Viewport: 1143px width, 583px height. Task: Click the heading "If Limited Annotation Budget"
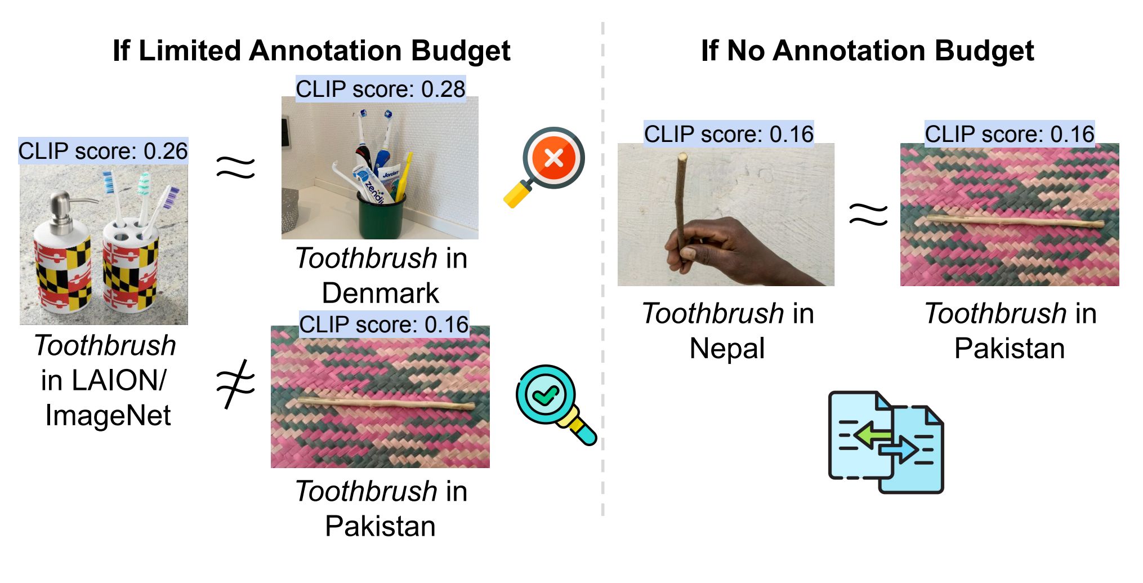click(x=311, y=51)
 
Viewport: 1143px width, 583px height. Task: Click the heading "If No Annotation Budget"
click(x=867, y=51)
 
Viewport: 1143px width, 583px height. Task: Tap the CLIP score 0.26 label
click(x=103, y=151)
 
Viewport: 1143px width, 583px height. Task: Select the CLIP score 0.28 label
click(x=381, y=88)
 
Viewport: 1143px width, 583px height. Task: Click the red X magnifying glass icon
click(x=544, y=167)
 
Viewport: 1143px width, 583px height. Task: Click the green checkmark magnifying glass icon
click(x=556, y=405)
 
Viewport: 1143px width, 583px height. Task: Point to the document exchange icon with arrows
click(x=886, y=442)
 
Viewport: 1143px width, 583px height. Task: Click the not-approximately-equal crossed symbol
click(x=236, y=383)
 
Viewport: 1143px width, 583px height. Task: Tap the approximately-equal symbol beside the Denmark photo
click(x=236, y=167)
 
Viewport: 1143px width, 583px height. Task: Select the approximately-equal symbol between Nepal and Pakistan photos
click(x=868, y=215)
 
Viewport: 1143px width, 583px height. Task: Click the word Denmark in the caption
click(x=380, y=293)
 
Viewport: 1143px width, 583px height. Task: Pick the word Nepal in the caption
click(x=727, y=349)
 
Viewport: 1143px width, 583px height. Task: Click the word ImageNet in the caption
click(x=108, y=416)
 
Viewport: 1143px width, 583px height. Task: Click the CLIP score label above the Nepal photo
click(x=729, y=134)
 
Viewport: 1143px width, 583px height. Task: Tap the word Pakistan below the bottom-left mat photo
click(x=380, y=526)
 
